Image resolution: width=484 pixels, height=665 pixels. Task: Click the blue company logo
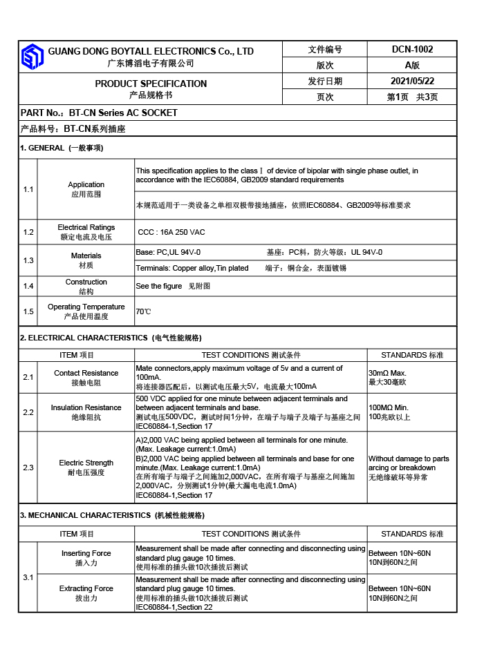(32, 57)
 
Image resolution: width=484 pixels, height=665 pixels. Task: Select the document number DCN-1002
(412, 49)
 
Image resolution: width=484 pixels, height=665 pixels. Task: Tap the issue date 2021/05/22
(412, 81)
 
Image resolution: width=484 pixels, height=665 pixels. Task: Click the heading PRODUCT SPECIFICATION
(151, 84)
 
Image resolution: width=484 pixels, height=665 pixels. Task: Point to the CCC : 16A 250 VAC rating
(171, 232)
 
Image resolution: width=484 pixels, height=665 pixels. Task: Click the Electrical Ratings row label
(86, 227)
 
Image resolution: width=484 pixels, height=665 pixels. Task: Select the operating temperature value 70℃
(143, 311)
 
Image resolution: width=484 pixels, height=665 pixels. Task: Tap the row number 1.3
(28, 260)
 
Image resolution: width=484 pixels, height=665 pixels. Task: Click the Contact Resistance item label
(86, 373)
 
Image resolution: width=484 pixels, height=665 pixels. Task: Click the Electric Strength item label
(86, 463)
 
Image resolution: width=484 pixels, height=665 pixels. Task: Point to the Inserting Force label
(86, 553)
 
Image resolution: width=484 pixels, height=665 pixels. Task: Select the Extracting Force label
(86, 588)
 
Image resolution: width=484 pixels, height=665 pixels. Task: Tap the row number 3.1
(28, 577)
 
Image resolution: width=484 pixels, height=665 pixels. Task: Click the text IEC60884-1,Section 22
(174, 607)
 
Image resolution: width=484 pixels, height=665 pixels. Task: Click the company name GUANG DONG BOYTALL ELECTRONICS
(151, 51)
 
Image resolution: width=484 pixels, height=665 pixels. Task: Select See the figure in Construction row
(159, 286)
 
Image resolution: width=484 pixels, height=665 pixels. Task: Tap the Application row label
(86, 184)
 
